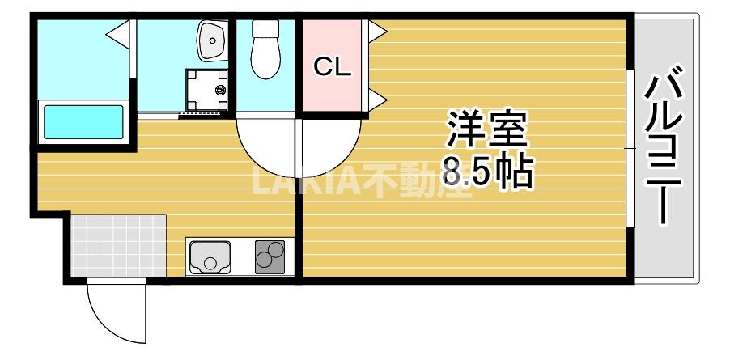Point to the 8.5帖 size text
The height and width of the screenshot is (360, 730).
487,172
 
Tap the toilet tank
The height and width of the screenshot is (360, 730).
265,28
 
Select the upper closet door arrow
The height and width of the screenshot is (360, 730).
376,31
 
